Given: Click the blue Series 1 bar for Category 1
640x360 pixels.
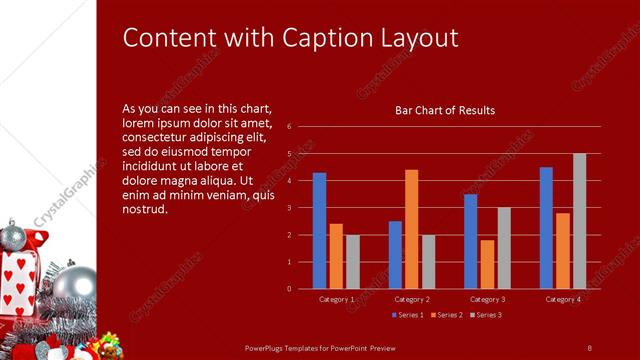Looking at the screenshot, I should click(x=319, y=231).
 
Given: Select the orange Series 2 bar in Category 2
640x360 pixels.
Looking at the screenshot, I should click(x=411, y=229).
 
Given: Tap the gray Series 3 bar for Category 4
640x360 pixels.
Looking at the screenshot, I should click(x=579, y=221).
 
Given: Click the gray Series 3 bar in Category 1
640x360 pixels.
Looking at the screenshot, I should click(x=352, y=262).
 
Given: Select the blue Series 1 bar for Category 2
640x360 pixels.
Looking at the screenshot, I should click(x=395, y=255).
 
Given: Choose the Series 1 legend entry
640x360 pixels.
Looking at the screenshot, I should click(x=408, y=315).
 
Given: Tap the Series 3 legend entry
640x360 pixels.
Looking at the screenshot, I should click(x=486, y=315).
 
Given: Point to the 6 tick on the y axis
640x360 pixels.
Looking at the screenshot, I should click(x=288, y=127).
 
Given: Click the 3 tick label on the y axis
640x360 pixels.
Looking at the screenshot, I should click(x=288, y=208).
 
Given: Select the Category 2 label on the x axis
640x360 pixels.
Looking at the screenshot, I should click(x=412, y=299).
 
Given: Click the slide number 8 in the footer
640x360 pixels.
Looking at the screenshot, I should click(x=589, y=347).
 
